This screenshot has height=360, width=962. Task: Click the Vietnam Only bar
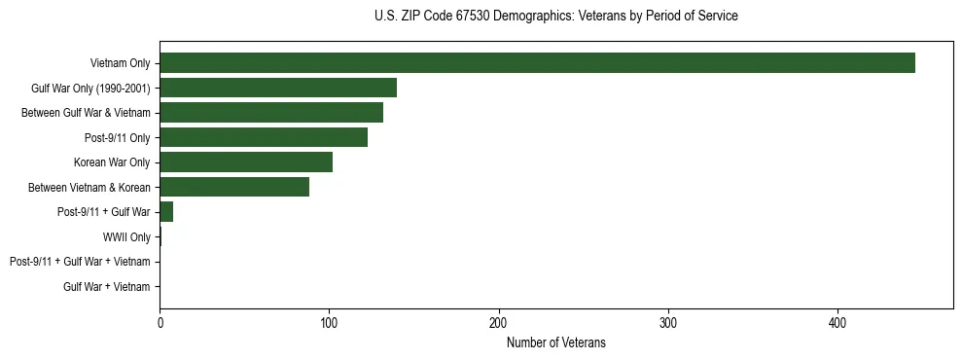point(537,63)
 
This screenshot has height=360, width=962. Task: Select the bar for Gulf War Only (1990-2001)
point(278,88)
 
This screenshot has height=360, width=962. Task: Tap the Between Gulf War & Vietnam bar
point(271,113)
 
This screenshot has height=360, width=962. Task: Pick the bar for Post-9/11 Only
point(264,137)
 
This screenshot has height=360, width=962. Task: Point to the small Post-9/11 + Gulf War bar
point(166,212)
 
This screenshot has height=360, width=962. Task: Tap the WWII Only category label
point(126,237)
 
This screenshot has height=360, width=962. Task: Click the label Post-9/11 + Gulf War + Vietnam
point(80,262)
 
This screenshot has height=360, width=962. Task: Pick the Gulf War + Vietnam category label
point(107,287)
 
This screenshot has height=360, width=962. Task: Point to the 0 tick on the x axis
point(160,322)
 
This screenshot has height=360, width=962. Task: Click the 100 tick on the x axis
point(330,322)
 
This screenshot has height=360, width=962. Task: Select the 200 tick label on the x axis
point(499,322)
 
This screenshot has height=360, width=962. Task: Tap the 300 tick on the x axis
point(668,322)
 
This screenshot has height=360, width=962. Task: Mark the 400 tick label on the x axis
point(837,322)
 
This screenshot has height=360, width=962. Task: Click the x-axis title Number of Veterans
point(556,342)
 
